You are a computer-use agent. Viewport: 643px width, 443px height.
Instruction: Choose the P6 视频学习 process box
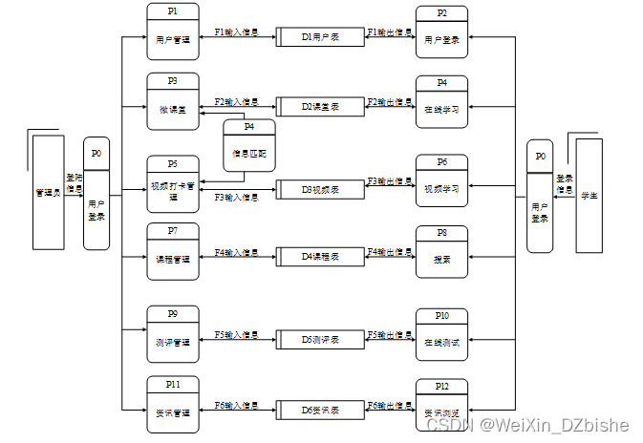[441, 180]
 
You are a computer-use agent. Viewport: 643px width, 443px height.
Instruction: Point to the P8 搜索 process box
[441, 251]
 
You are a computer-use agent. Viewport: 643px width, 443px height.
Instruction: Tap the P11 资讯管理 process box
[173, 404]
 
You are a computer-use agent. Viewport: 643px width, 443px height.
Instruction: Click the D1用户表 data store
[320, 37]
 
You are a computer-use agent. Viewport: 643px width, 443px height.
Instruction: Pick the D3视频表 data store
[320, 189]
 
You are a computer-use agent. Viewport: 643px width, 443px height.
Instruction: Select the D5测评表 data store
[320, 339]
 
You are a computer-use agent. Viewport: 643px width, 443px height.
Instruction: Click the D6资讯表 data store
[320, 410]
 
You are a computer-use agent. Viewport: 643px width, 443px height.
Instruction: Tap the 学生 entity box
[589, 195]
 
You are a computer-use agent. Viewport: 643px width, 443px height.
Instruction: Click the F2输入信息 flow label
[236, 101]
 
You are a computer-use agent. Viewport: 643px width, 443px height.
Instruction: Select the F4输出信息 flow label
[390, 252]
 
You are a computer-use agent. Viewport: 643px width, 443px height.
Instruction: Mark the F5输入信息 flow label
[236, 334]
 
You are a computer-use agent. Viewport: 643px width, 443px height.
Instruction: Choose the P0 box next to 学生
[540, 197]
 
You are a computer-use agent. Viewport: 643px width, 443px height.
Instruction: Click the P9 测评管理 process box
[173, 333]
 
